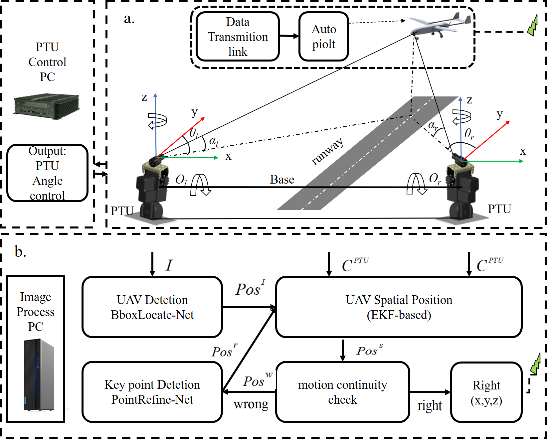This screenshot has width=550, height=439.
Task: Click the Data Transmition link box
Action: [238, 37]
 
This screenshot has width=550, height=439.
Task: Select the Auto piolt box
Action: [324, 37]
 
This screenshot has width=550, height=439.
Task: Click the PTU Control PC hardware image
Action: [47, 105]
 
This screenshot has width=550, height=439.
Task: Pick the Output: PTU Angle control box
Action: [47, 173]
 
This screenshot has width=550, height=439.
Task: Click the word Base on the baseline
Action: [282, 180]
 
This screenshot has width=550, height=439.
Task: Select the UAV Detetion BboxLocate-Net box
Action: [152, 307]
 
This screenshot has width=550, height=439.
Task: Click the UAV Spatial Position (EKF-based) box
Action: [399, 307]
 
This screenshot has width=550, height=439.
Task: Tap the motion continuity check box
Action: [342, 392]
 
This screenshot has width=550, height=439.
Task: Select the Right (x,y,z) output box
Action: [486, 392]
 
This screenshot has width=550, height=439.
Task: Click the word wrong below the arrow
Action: [251, 404]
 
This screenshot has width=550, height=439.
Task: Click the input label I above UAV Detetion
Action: [169, 265]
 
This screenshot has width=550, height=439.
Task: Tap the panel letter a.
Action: [129, 19]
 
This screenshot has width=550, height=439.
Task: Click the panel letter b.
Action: [20, 252]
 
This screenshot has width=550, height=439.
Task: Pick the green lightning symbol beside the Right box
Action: [535, 364]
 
